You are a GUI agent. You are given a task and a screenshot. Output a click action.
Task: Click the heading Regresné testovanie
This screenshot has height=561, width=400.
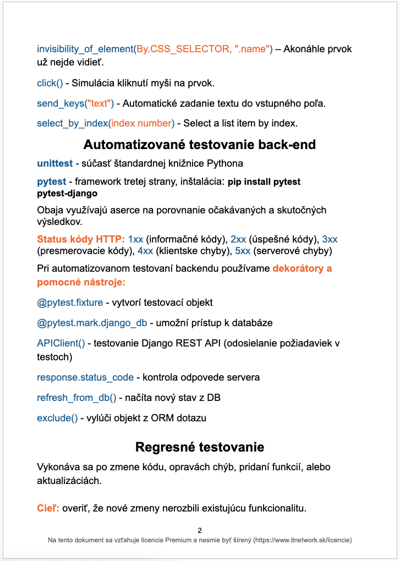click(199, 447)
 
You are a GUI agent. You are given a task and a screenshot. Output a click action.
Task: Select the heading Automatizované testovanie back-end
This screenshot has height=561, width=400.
click(199, 145)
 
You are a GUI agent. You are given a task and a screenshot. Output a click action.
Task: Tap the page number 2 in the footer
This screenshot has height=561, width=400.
click(200, 531)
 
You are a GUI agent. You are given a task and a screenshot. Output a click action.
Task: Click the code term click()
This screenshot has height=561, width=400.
click(50, 83)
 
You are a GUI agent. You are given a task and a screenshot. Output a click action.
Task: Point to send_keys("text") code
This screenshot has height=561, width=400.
click(75, 103)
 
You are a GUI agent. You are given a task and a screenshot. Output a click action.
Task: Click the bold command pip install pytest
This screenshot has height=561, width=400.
click(264, 182)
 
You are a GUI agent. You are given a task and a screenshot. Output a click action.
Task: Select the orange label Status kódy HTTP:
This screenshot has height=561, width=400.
click(81, 239)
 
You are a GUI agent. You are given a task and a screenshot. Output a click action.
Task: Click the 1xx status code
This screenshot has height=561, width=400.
click(135, 239)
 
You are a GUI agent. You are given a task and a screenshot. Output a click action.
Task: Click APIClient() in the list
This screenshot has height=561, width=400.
click(61, 343)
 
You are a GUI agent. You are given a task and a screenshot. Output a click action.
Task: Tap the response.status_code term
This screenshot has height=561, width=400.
click(85, 377)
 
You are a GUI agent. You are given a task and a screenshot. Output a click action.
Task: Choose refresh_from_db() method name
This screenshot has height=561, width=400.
click(76, 398)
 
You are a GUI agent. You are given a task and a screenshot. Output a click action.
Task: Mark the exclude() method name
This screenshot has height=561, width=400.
click(57, 418)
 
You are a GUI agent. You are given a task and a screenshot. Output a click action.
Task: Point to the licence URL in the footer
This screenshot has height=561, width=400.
click(303, 540)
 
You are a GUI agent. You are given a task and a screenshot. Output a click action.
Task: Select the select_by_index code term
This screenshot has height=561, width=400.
click(72, 123)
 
